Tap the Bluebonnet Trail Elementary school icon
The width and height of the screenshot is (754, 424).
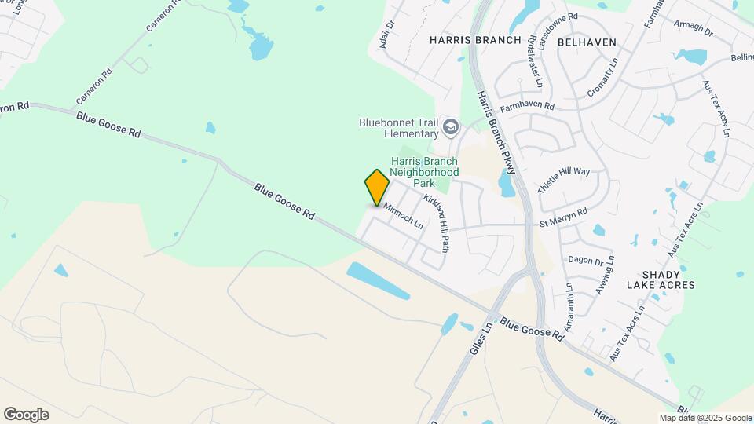pos(451,126)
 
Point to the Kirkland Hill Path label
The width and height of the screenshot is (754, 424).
pos(436,223)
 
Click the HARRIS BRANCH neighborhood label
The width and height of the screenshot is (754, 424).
pos(475,40)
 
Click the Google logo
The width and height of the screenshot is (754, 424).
pos(26,415)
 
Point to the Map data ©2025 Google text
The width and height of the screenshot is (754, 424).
pos(705,418)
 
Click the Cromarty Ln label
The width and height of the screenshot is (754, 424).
pos(603,81)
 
